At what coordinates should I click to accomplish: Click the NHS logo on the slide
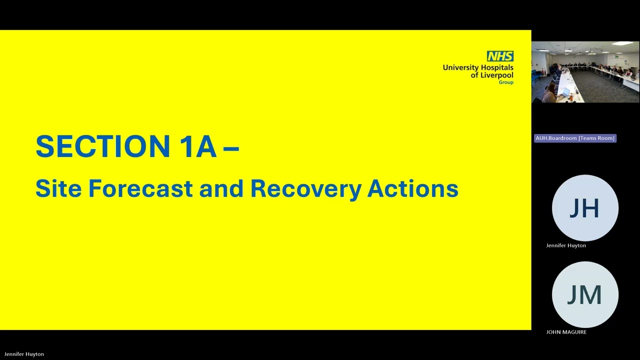(x=500, y=56)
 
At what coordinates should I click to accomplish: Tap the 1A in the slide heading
(x=198, y=146)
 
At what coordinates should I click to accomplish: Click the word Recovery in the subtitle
(x=306, y=189)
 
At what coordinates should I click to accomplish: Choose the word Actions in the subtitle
(x=413, y=188)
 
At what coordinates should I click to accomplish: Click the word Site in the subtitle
(x=58, y=188)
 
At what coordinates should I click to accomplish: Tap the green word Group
(x=506, y=82)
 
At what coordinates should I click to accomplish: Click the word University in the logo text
(x=460, y=68)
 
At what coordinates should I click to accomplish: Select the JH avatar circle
(x=585, y=208)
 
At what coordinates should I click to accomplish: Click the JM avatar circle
(x=585, y=294)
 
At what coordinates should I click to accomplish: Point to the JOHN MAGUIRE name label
(x=566, y=332)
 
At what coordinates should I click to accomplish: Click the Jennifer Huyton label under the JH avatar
(x=566, y=245)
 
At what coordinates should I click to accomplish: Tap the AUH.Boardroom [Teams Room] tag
(x=575, y=138)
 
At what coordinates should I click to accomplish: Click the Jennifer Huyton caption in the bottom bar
(x=24, y=354)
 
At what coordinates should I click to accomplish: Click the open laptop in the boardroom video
(x=564, y=93)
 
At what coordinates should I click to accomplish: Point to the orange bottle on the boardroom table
(x=571, y=97)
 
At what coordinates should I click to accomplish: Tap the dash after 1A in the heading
(x=231, y=148)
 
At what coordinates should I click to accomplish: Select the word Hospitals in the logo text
(x=496, y=68)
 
